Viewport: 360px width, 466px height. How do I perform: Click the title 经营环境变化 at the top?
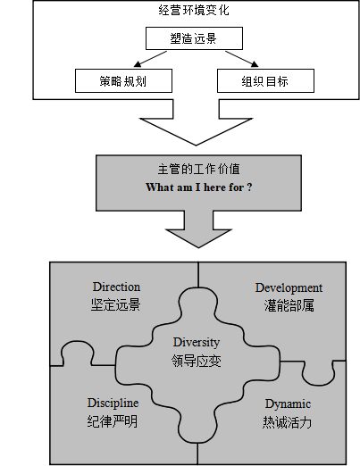pyautogui.click(x=194, y=11)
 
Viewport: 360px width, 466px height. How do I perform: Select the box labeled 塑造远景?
pyautogui.click(x=194, y=38)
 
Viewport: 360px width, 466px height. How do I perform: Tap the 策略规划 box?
pyautogui.click(x=123, y=81)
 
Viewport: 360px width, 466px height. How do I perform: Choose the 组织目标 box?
pyautogui.click(x=265, y=81)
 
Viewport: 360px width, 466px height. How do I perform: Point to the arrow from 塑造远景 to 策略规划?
pyautogui.click(x=150, y=59)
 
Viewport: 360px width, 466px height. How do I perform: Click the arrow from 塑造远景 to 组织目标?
pyautogui.click(x=242, y=59)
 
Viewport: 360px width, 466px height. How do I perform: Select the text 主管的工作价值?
pyautogui.click(x=198, y=170)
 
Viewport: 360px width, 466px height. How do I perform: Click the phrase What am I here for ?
pyautogui.click(x=199, y=187)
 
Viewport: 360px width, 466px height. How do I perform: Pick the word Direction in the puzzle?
pyautogui.click(x=116, y=287)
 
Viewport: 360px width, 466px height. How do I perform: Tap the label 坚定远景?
pyautogui.click(x=115, y=305)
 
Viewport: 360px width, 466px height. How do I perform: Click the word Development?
pyautogui.click(x=289, y=288)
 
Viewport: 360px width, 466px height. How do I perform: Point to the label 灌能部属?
pyautogui.click(x=289, y=305)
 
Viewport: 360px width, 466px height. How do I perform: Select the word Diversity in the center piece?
pyautogui.click(x=197, y=343)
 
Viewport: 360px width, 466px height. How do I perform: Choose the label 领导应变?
pyautogui.click(x=197, y=361)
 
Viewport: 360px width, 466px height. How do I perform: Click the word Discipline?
pyautogui.click(x=113, y=404)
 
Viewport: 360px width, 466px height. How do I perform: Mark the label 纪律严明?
pyautogui.click(x=113, y=421)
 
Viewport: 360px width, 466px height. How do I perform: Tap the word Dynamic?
pyautogui.click(x=288, y=404)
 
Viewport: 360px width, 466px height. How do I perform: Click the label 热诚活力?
pyautogui.click(x=287, y=422)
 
